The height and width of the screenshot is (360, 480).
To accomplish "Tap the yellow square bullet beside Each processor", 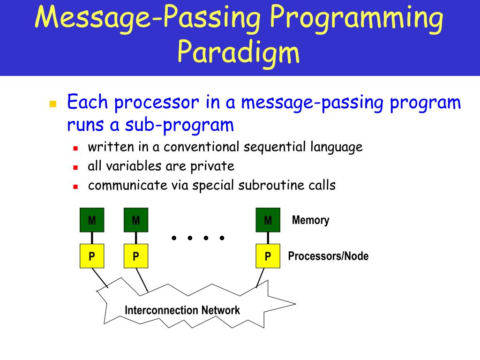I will pyautogui.click(x=52, y=104).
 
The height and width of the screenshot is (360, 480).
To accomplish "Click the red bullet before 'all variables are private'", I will pyautogui.click(x=75, y=167).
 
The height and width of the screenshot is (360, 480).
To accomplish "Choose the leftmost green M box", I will pyautogui.click(x=91, y=220).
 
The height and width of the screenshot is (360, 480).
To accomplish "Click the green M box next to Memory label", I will pyautogui.click(x=268, y=220).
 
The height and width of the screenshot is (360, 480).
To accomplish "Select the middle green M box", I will pyautogui.click(x=136, y=220).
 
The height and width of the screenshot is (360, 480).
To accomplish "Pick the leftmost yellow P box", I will pyautogui.click(x=91, y=256).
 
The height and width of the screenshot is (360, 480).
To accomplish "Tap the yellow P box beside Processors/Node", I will pyautogui.click(x=268, y=256).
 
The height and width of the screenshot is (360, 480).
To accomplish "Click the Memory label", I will pyautogui.click(x=310, y=220).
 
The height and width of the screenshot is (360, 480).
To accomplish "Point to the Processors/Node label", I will pyautogui.click(x=328, y=256).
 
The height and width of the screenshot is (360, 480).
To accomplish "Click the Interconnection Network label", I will pyautogui.click(x=182, y=310).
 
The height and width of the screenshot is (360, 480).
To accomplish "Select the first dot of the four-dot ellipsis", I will pyautogui.click(x=174, y=238).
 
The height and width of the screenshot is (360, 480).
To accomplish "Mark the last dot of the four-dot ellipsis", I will pyautogui.click(x=222, y=238).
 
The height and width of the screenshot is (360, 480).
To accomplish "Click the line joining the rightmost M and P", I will pyautogui.click(x=268, y=238).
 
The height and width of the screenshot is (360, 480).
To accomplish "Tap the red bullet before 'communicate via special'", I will pyautogui.click(x=75, y=186).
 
